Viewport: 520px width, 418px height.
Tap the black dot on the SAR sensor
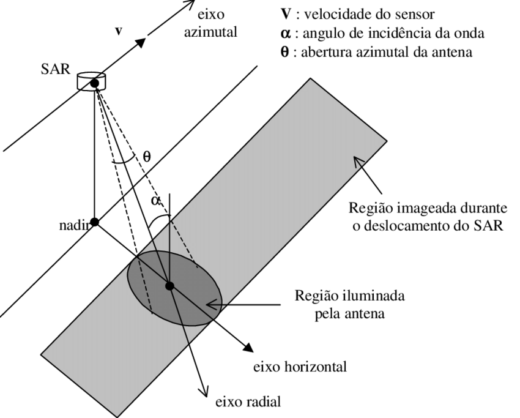94,83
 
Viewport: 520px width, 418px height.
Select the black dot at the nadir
94,222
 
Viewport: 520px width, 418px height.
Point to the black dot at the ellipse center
169,286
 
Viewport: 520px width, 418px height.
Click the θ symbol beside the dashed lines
146,156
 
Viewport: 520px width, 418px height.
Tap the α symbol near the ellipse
157,201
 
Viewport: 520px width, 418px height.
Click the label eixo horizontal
299,367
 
